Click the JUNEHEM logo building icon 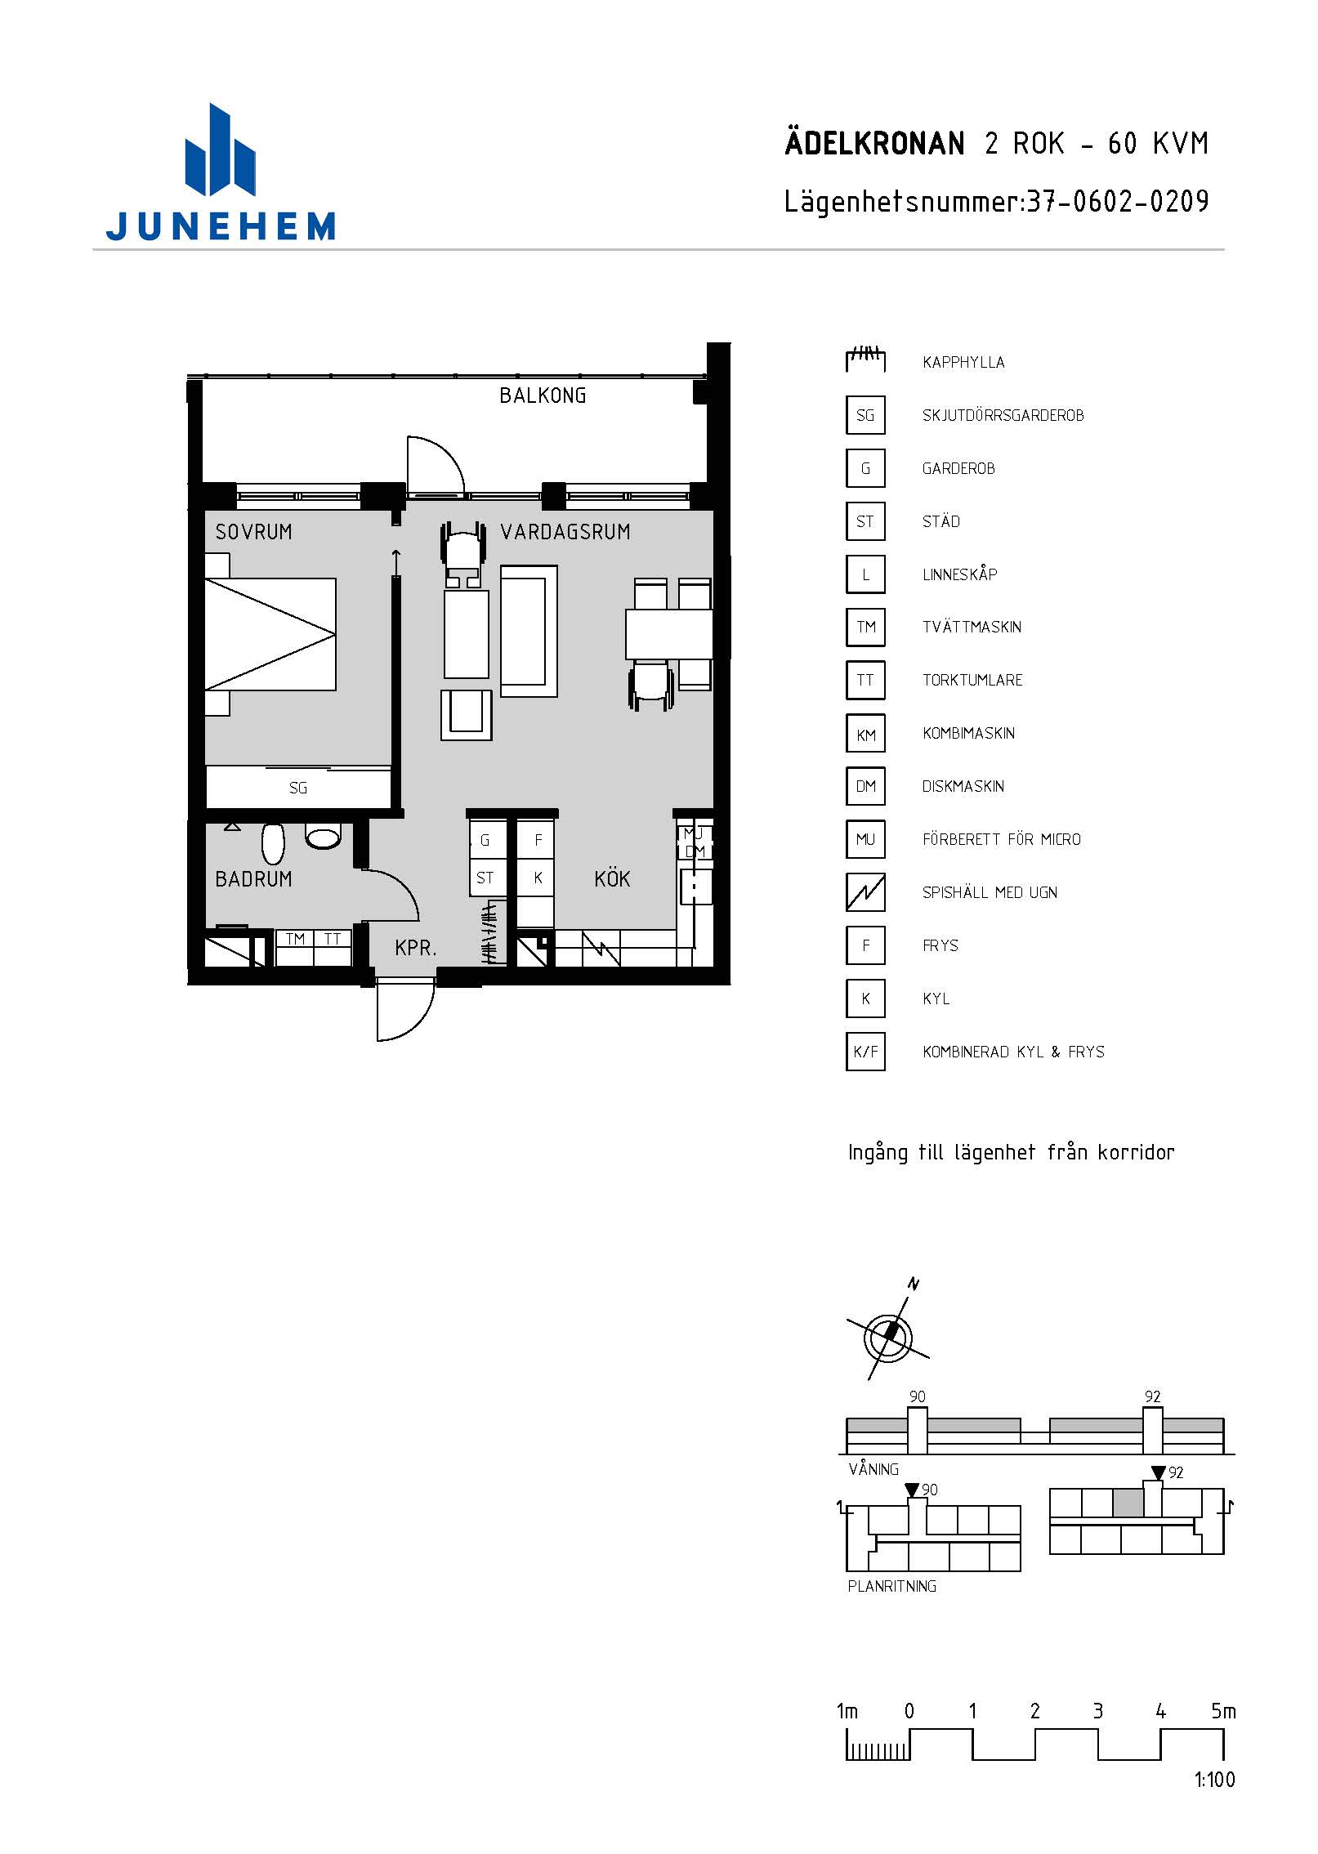pyautogui.click(x=221, y=150)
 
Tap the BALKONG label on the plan pyautogui.click(x=543, y=395)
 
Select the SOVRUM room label pyautogui.click(x=253, y=532)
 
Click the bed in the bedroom pyautogui.click(x=270, y=634)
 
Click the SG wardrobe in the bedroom pyautogui.click(x=298, y=787)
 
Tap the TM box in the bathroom pyautogui.click(x=295, y=940)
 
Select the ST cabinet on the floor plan pyautogui.click(x=485, y=878)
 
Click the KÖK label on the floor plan pyautogui.click(x=612, y=879)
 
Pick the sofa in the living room pyautogui.click(x=529, y=631)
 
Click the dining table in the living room pyautogui.click(x=668, y=634)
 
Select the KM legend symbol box pyautogui.click(x=865, y=734)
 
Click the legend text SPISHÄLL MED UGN pyautogui.click(x=990, y=892)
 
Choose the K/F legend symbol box pyautogui.click(x=865, y=1052)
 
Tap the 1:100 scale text pyautogui.click(x=1214, y=1780)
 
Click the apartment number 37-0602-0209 pyautogui.click(x=1118, y=201)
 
